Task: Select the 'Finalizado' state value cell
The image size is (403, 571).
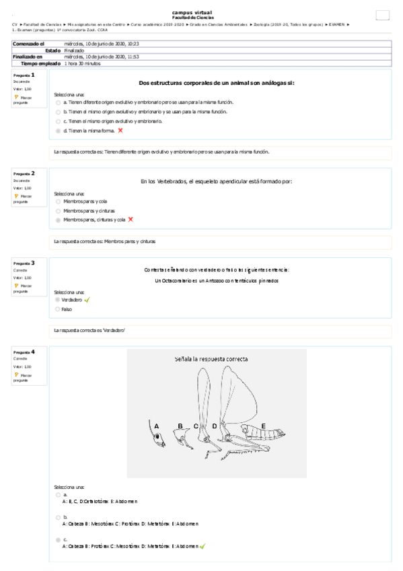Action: tap(74, 51)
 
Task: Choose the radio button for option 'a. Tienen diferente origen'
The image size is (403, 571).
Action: tap(58, 102)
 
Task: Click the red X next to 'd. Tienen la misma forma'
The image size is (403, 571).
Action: tap(120, 131)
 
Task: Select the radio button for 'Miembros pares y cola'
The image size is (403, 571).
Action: tap(58, 201)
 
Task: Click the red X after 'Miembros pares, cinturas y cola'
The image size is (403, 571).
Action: tap(131, 220)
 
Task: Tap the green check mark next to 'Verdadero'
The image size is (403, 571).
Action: tap(87, 300)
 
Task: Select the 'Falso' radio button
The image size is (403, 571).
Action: tap(58, 309)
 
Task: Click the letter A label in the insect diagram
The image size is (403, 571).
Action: tap(157, 426)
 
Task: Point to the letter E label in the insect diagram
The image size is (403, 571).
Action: tap(263, 426)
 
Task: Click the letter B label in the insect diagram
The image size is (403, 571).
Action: tap(180, 426)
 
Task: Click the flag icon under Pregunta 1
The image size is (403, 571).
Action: tap(16, 98)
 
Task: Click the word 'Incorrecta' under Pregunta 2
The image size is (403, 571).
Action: tap(22, 181)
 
